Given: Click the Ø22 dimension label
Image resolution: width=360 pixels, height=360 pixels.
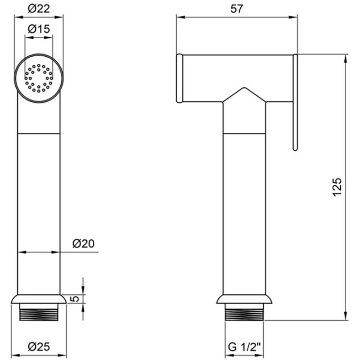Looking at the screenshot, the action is (x=39, y=9).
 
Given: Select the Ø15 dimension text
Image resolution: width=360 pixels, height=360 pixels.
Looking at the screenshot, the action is (x=39, y=29).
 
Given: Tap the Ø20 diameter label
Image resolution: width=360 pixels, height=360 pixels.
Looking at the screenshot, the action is (x=83, y=243).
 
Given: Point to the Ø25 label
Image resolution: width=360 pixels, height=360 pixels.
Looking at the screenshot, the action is (x=39, y=346).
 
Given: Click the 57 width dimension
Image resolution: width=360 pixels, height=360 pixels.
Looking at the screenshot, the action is (x=237, y=9).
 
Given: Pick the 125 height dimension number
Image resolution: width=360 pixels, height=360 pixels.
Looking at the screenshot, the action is (x=337, y=187).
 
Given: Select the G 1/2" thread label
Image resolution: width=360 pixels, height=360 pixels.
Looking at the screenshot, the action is (x=245, y=346).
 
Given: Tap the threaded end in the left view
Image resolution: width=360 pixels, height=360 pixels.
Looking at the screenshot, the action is (x=39, y=312).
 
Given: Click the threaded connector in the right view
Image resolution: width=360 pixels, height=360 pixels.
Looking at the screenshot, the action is (x=244, y=312).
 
